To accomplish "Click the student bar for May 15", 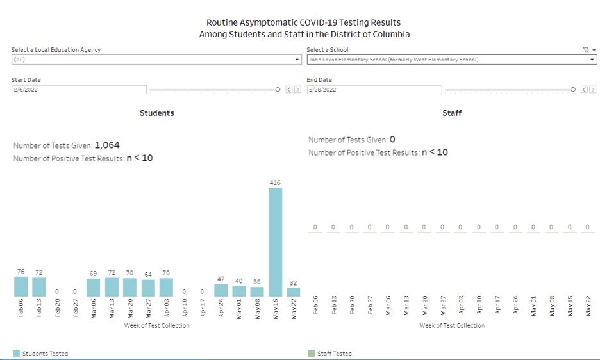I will point(275,242).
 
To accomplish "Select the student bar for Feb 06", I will point(21,286).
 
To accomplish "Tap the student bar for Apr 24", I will point(221,290).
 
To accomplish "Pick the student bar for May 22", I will point(293,292).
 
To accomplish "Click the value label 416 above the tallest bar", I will point(275,183).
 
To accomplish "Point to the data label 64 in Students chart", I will point(148,274).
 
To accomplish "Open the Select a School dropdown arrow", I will point(593,60).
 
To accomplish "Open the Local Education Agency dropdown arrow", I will point(297,60).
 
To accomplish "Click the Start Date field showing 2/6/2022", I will point(79,90).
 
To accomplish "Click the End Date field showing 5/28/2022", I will point(374,90).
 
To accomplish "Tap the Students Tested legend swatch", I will point(16,354).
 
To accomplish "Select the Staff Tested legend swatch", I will point(312,354).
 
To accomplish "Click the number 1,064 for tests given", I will point(107,145).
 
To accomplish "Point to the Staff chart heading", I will point(452,113).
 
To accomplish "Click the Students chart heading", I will point(157,113).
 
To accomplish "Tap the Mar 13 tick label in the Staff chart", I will point(406,306).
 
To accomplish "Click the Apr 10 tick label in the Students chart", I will point(185,306).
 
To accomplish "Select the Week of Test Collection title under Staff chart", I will point(452,325).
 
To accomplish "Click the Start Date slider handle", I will point(278,90).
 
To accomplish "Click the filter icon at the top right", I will point(585,49).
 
